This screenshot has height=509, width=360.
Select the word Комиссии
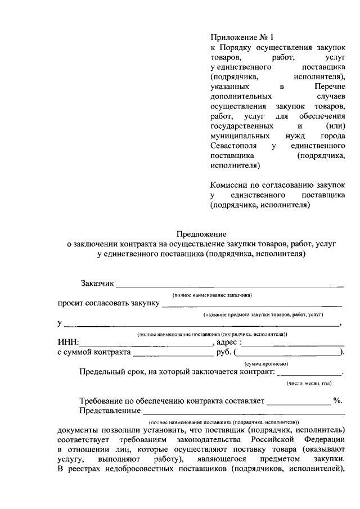230,185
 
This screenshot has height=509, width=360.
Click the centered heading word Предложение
201,233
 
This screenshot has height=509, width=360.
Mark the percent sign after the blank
337,400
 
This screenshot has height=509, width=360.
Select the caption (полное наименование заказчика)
212,295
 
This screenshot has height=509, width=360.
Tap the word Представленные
110,411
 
